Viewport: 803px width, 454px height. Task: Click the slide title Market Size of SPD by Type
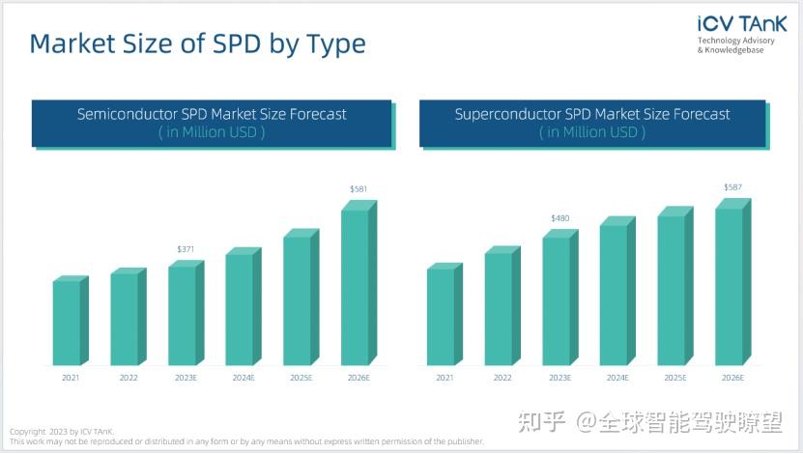197,43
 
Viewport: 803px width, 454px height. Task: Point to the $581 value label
358,189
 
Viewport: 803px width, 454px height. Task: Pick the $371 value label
186,249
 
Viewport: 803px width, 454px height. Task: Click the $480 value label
559,218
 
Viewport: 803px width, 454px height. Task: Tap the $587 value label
733,187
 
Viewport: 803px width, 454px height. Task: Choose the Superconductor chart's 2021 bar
442,316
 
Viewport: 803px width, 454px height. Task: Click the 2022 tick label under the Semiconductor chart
129,378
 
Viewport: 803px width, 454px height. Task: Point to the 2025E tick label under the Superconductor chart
674,378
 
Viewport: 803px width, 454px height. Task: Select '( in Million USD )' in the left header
212,132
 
